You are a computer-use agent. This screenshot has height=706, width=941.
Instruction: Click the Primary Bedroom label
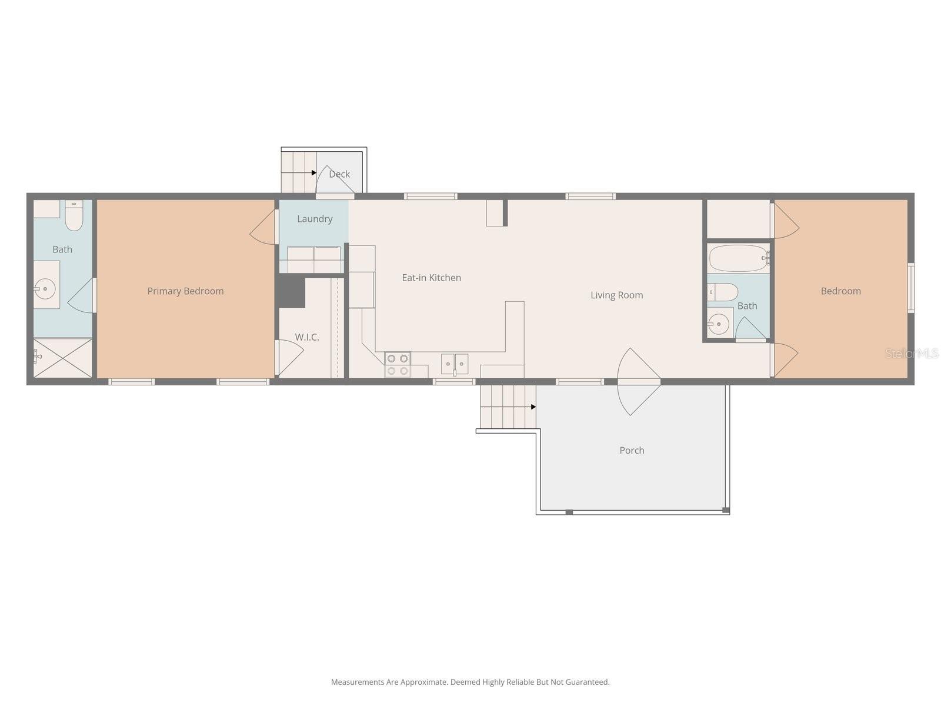click(185, 291)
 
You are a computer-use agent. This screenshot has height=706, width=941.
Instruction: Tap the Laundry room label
click(315, 219)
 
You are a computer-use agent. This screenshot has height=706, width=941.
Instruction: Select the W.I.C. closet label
click(307, 337)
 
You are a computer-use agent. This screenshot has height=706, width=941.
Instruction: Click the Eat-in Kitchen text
click(431, 278)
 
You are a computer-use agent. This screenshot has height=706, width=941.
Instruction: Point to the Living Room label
click(616, 295)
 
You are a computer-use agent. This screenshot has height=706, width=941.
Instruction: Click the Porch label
click(632, 450)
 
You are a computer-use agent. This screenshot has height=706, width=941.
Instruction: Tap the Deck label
click(339, 174)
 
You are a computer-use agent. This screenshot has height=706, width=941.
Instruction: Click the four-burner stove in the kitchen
click(398, 365)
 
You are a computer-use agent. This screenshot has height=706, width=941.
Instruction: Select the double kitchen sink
click(455, 364)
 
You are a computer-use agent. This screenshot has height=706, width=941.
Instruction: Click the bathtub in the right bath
click(738, 258)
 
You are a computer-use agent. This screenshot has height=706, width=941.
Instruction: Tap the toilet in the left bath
click(74, 216)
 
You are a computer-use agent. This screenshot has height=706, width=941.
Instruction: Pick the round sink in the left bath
click(45, 289)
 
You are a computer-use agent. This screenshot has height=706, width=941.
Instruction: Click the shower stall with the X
click(62, 358)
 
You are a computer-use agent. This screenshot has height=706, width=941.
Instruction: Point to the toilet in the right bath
click(723, 292)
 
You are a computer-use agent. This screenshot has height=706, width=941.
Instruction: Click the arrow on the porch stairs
click(533, 407)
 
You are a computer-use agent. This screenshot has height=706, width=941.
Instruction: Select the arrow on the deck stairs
click(314, 173)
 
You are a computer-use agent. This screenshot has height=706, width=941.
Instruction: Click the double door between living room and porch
click(639, 382)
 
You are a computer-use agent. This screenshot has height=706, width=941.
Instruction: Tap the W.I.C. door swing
click(290, 357)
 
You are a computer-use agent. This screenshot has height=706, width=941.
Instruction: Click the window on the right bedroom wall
click(910, 287)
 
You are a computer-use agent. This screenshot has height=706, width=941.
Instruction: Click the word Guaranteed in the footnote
click(587, 682)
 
